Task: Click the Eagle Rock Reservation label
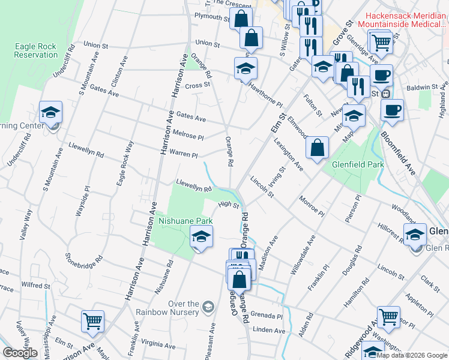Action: (37, 50)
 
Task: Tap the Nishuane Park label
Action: (185, 221)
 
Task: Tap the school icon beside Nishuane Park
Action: (202, 237)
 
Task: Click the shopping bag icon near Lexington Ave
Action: (317, 148)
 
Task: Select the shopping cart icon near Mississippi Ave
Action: (92, 321)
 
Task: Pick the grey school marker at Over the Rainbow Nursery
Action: (208, 307)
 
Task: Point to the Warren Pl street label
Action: (183, 154)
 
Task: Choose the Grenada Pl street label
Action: (267, 316)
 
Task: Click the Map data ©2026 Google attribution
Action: (411, 355)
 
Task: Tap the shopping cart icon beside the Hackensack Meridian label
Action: (382, 43)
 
